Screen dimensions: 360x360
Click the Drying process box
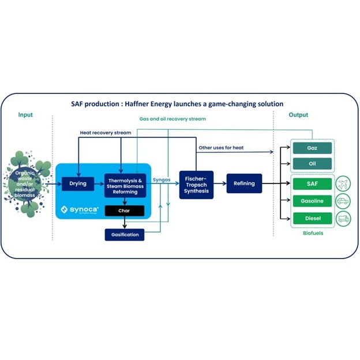click(77, 183)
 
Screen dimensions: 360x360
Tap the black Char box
click(124, 211)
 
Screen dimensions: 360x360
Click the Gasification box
click(124, 235)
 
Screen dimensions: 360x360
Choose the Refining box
click(244, 183)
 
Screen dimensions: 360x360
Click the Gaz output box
click(312, 148)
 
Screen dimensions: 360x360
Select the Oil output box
click(312, 164)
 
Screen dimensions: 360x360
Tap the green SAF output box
click(312, 184)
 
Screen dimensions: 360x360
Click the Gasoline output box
click(312, 201)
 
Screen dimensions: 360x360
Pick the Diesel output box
click(312, 219)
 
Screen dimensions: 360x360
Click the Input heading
click(25, 115)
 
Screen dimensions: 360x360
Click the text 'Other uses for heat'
click(221, 148)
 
